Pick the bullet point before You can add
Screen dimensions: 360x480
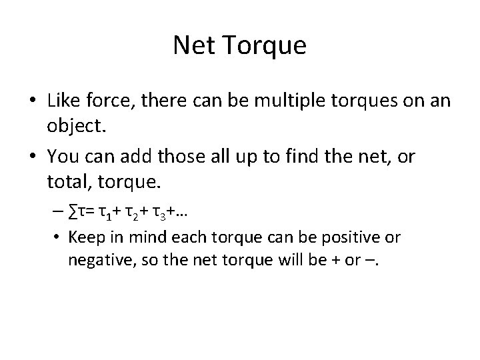click(x=33, y=157)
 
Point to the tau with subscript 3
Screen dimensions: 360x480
click(x=170, y=213)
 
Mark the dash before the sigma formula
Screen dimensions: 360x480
click(x=69, y=213)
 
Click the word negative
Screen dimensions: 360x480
click(x=95, y=260)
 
